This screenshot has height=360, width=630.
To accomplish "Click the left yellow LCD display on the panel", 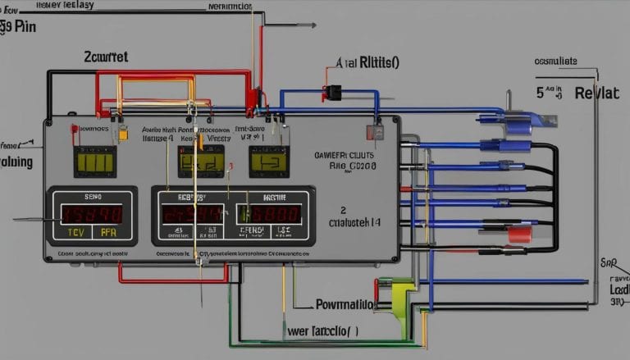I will [95, 162].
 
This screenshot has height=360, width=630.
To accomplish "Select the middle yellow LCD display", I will [201, 161].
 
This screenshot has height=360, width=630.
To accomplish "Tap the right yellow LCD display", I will [268, 161].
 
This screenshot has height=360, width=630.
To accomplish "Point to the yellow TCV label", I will [74, 232].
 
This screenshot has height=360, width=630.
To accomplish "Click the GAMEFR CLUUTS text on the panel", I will [345, 153].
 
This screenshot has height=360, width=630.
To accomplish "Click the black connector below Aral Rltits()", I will [333, 92].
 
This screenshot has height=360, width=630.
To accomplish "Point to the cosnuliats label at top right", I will [555, 61].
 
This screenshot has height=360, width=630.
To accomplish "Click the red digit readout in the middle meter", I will [192, 214].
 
